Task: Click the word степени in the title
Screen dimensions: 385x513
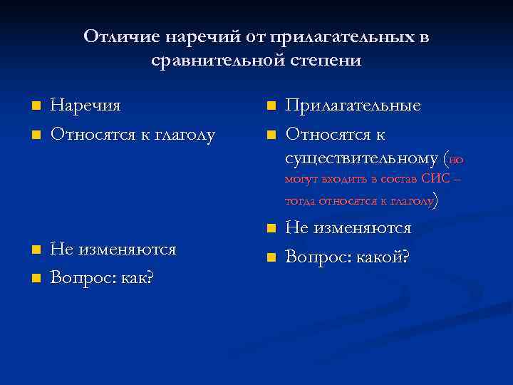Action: click(x=324, y=61)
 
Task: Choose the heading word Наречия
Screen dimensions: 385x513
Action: click(x=85, y=106)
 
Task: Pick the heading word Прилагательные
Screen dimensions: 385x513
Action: click(x=353, y=106)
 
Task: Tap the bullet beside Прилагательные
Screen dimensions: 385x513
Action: click(x=270, y=106)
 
